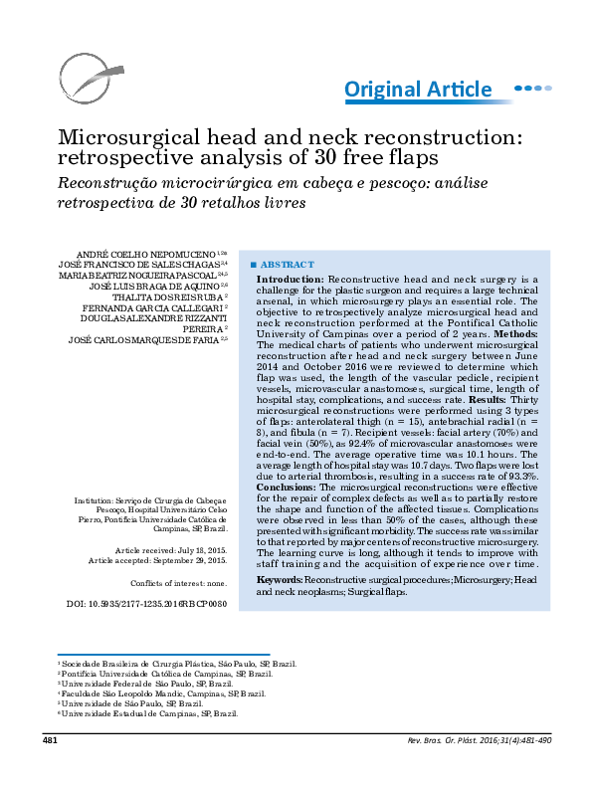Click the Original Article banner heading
tap(418, 91)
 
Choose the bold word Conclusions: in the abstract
tap(287, 490)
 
